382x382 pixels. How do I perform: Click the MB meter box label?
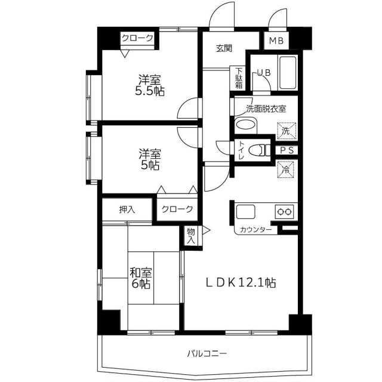(276, 41)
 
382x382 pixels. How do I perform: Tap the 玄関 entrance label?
(224, 49)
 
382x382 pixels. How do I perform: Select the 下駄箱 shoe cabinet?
(239, 78)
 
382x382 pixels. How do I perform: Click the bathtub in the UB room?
(288, 73)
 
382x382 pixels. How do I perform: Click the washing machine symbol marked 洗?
(286, 131)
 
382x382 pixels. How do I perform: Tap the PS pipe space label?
(287, 150)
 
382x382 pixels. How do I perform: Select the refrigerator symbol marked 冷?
(285, 170)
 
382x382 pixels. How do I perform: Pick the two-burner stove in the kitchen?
(285, 211)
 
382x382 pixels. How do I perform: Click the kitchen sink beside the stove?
(245, 212)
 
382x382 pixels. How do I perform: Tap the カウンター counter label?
(256, 230)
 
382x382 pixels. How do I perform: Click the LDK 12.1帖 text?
(241, 283)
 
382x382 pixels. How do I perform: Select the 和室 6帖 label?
(141, 278)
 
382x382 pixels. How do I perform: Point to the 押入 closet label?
(127, 210)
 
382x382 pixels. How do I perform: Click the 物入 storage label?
(191, 236)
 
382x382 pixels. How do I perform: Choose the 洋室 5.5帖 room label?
(150, 85)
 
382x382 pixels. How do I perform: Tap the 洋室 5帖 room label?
(150, 159)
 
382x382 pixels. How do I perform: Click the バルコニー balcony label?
(207, 353)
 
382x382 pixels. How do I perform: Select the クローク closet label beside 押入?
(177, 209)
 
